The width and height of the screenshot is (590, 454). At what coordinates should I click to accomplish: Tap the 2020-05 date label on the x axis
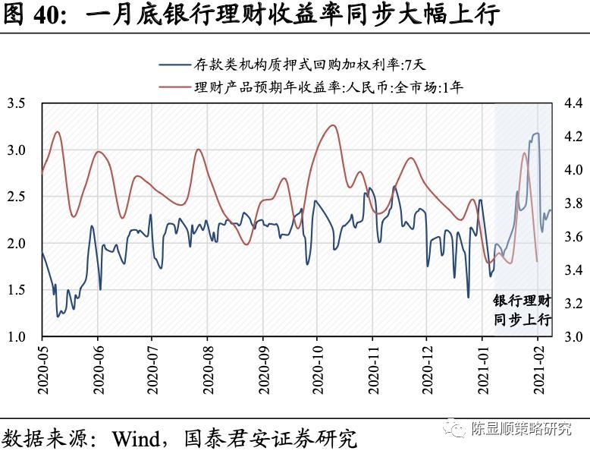[x=42, y=369]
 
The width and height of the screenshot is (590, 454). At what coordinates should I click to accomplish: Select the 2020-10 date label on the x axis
[x=317, y=369]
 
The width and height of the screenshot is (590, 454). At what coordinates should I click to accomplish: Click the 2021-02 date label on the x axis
[x=538, y=369]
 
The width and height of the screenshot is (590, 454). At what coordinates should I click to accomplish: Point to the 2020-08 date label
[x=207, y=369]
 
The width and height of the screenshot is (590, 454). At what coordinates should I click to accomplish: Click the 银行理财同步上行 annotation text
[x=523, y=310]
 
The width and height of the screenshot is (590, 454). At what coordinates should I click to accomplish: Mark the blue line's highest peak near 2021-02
[x=536, y=134]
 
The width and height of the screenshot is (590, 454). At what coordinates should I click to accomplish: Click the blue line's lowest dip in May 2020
[x=58, y=316]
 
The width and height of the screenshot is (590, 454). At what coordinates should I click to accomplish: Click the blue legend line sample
[x=176, y=65]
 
